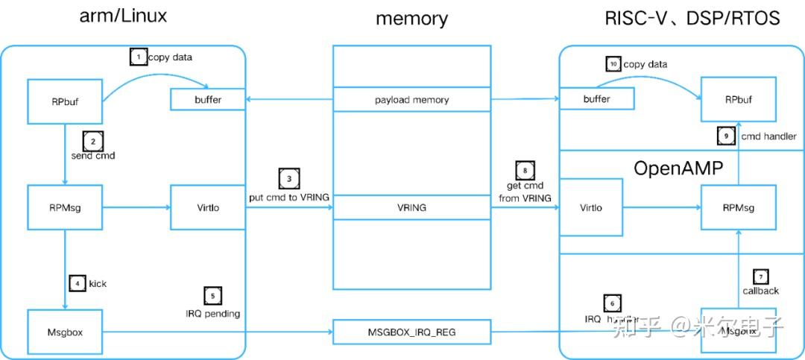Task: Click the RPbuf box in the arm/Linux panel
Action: pos(65,102)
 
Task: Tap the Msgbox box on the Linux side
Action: pos(65,331)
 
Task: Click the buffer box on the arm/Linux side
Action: pos(209,99)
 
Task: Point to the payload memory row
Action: pos(411,99)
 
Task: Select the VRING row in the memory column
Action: pos(411,208)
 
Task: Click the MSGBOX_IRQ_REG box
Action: pos(411,332)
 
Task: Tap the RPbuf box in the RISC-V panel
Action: pos(739,98)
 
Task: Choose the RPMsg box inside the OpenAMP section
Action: pos(739,208)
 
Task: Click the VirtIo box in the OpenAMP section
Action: pos(591,208)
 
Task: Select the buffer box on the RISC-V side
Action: pos(596,99)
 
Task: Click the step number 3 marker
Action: pos(289,179)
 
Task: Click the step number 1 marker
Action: pos(137,57)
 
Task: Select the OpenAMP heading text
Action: pos(678,168)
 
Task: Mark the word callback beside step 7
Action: pos(760,291)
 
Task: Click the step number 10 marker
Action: pos(613,64)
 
